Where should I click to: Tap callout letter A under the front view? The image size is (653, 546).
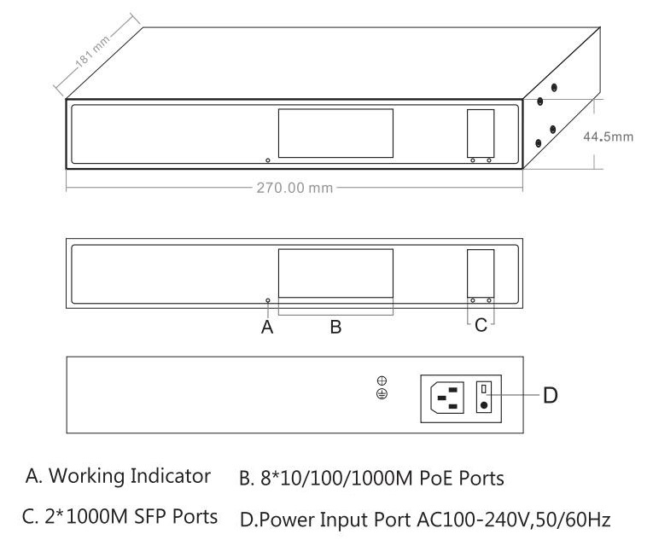coord(267,326)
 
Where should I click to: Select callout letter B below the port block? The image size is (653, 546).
coord(335,326)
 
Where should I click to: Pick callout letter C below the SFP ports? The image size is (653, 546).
coord(481,326)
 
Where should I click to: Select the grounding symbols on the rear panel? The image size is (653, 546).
coord(382,387)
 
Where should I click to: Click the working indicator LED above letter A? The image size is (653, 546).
coord(267,300)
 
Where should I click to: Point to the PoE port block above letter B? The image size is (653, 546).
coord(335,272)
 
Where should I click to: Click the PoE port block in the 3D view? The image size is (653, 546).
coord(335,132)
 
